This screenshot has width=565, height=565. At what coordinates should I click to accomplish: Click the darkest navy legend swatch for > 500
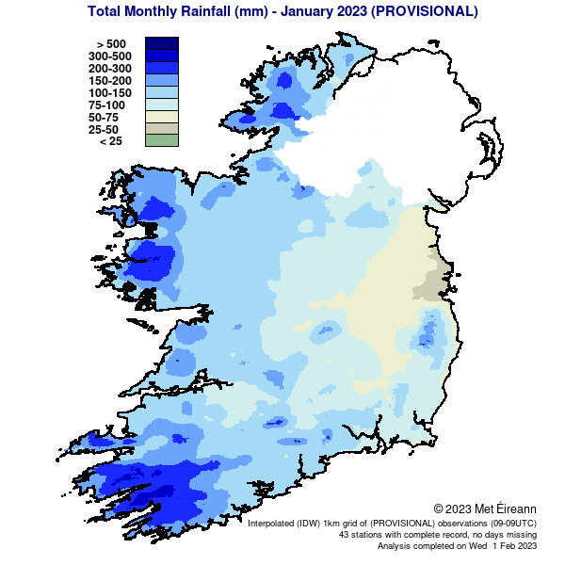(x=161, y=43)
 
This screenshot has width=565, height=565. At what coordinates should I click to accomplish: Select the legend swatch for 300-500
(x=161, y=56)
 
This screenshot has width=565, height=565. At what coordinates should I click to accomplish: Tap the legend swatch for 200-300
(x=161, y=68)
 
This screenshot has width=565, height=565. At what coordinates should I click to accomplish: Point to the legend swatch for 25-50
(x=161, y=129)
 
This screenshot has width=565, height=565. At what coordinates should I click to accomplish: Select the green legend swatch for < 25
(x=161, y=141)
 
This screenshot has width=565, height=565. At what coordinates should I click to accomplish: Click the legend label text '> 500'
(x=110, y=44)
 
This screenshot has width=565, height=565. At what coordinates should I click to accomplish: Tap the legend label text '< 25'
(x=110, y=141)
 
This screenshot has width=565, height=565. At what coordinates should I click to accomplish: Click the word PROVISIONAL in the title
(x=423, y=12)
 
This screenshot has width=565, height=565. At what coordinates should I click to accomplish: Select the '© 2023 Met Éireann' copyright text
(x=485, y=508)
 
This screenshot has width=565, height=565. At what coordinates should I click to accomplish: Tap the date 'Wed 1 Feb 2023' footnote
(x=498, y=545)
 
